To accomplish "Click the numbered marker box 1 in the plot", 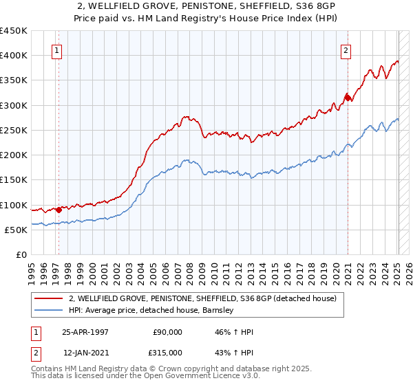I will click(56, 50).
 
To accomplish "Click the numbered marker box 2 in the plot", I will click(346, 50).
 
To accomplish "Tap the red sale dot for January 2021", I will click(348, 98).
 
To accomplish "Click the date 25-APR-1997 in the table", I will click(85, 332).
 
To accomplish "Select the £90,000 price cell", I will click(167, 332).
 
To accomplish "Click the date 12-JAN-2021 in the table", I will click(85, 353).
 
